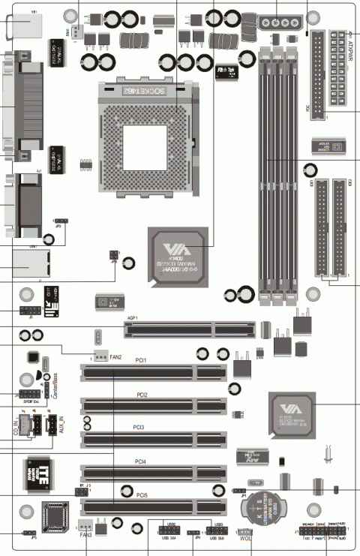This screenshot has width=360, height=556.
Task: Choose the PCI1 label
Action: coord(141,360)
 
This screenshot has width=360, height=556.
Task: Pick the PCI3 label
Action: coord(141,427)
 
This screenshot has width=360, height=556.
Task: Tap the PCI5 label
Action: coord(141,495)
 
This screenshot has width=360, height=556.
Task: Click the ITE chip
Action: coord(40,472)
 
